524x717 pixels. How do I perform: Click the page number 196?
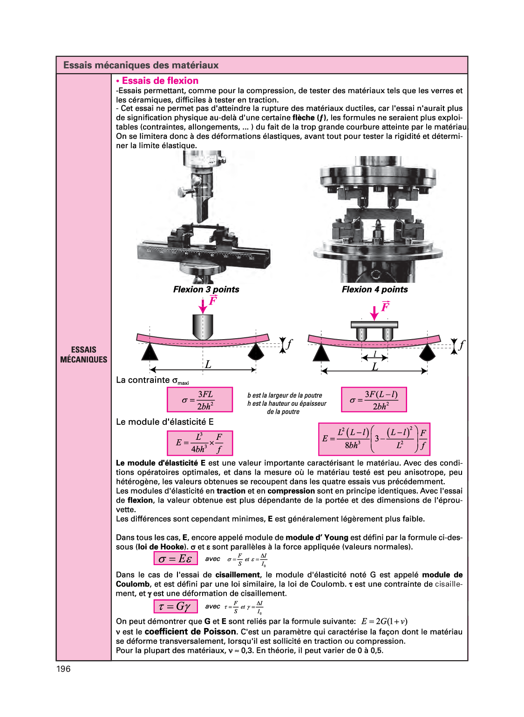pos(63,669)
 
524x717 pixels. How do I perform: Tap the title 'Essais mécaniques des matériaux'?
pos(141,65)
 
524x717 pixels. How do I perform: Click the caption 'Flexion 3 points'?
pos(206,289)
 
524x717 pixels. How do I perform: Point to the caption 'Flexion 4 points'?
pos(375,289)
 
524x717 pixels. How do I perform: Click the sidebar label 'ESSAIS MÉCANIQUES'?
pos(83,355)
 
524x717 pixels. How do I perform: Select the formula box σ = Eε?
pos(176,558)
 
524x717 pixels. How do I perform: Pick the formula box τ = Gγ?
pos(176,606)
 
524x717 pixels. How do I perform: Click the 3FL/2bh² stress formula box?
pos(200,399)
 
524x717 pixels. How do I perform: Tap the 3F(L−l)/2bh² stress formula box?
pos(374,399)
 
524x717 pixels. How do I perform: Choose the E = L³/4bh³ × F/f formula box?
pos(200,443)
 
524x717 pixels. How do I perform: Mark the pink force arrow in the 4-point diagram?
pos(374,313)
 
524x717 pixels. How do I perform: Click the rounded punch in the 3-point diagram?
pos(203,327)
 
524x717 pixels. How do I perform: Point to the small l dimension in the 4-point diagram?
pos(375,354)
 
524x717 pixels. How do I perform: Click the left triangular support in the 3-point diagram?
pos(150,352)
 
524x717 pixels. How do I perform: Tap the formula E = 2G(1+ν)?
pos(384,621)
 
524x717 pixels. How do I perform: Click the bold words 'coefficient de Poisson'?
pos(191,632)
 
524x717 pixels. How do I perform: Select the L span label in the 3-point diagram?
pos(208,364)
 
